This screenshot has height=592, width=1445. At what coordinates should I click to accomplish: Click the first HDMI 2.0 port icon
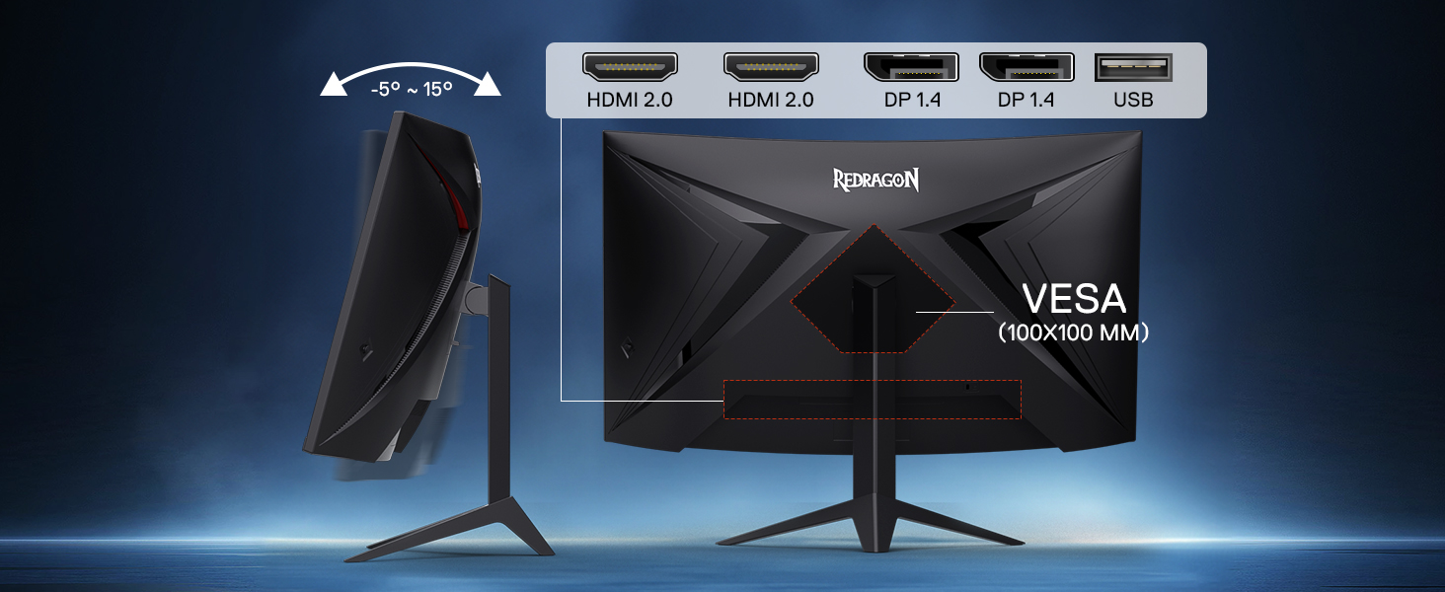coord(630,67)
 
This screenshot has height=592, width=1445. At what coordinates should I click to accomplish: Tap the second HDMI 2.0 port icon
coord(771,67)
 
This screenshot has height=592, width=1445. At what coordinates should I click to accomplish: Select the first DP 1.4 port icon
coord(911,67)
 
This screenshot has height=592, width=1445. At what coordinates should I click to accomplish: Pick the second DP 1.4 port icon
coord(1027,67)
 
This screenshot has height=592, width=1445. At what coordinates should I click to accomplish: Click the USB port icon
coord(1133,67)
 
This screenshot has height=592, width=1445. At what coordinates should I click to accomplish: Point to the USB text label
coord(1133,100)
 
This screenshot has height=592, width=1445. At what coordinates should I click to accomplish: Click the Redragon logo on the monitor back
coord(875,180)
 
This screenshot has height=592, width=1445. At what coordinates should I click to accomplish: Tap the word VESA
coord(1074,299)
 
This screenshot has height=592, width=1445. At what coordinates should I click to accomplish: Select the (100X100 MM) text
coord(1074,333)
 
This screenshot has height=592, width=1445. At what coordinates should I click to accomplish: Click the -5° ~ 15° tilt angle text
coord(412,89)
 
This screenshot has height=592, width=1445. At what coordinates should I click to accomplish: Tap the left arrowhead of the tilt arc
coord(334,85)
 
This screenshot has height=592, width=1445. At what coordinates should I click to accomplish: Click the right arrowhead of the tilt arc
coord(487,85)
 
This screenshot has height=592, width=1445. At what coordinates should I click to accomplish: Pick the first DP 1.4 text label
coord(912,100)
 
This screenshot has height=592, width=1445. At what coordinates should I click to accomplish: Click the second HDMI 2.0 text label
coord(771,100)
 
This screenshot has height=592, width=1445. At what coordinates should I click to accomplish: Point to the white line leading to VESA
coord(954,312)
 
